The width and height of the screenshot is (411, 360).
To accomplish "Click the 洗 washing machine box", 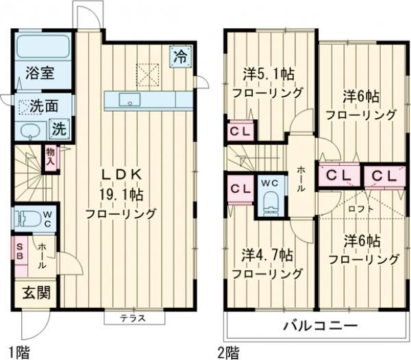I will coord(60,128).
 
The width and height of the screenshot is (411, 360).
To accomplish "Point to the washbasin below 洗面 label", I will coord(30,131).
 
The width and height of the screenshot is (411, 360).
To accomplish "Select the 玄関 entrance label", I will coord(32,293).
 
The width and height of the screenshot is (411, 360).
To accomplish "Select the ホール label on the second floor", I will coord(301,178).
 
